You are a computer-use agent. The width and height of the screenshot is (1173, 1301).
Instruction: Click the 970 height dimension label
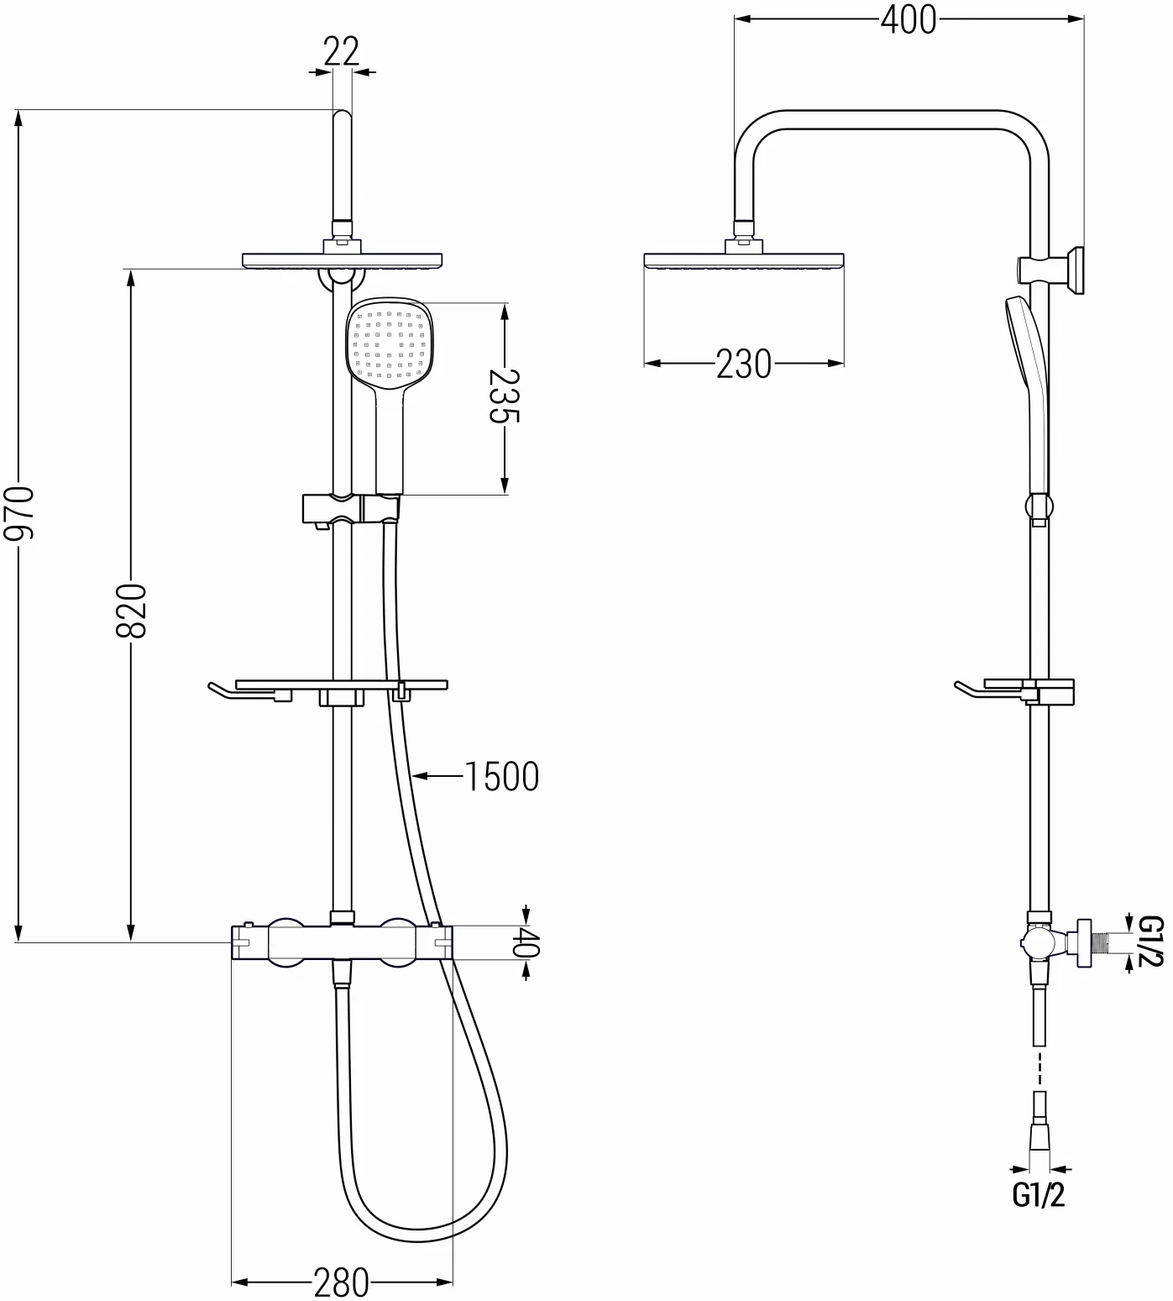tap(18, 511)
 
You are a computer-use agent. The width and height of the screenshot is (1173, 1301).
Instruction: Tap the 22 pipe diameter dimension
tap(341, 52)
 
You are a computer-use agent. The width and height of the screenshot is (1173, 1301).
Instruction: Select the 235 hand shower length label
tap(505, 396)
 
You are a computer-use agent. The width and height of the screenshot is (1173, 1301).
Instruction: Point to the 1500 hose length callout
tap(501, 777)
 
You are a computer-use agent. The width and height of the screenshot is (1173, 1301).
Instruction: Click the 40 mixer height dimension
tap(526, 942)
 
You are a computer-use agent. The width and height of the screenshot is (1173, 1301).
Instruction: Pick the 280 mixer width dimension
tap(341, 1282)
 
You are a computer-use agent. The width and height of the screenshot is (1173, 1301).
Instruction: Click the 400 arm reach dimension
tap(908, 19)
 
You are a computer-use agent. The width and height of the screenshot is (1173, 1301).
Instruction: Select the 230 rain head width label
tap(743, 364)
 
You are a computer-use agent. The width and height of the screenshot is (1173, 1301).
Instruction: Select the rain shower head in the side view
tap(744, 261)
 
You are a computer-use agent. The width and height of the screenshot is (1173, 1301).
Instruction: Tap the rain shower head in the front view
tap(343, 260)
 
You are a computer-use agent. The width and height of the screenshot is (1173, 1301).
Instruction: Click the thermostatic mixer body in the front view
tap(341, 943)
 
